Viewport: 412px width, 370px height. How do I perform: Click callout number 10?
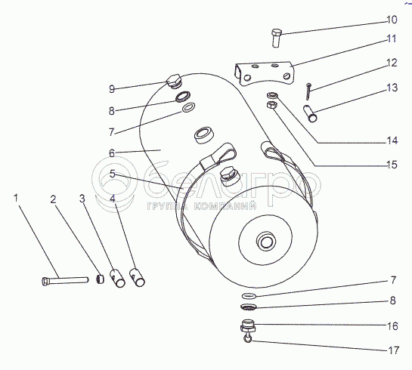pos(392,20)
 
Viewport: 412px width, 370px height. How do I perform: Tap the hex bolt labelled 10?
pos(276,39)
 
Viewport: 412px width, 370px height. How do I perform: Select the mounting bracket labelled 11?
pos(264,73)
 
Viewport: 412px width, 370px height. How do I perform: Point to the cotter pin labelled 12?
pos(308,91)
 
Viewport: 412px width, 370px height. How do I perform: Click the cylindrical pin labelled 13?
pos(310,113)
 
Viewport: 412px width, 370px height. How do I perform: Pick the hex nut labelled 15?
pos(271,106)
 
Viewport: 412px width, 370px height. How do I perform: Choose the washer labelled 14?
pos(271,94)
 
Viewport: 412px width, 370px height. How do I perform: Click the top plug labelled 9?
pos(174,81)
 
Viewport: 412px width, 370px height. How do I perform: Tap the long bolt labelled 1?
pos(65,281)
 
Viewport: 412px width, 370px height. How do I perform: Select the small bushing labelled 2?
pos(100,279)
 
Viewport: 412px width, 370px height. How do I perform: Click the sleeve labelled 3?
pos(117,278)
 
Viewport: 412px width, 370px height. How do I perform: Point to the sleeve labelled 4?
pos(137,277)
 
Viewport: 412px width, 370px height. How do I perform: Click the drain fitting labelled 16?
pos(247,326)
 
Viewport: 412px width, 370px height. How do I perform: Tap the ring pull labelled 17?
pos(247,338)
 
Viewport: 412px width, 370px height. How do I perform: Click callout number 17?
pos(393,350)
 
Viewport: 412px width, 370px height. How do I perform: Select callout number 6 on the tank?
pos(112,153)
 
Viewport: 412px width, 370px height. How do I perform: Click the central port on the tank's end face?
pos(266,241)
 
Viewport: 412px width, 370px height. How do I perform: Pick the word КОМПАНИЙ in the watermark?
pos(225,206)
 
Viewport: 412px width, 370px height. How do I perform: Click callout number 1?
pos(16,198)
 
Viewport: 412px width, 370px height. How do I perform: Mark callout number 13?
pos(392,88)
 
